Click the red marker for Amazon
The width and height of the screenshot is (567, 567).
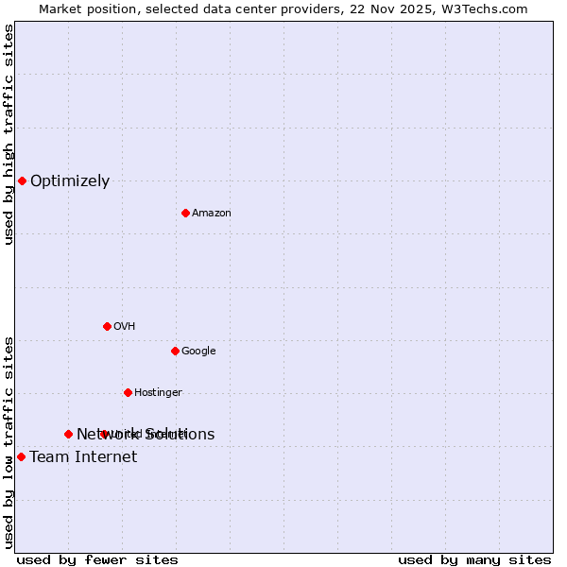pos(185,213)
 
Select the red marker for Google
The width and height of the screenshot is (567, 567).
pos(175,351)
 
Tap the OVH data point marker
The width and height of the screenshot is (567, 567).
pos(107,326)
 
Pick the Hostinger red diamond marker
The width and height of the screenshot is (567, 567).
pos(128,392)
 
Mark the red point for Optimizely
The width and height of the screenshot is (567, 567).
pos(22,180)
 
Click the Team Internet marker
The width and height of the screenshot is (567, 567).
pos(21,456)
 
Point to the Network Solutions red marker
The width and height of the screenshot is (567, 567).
pos(68,434)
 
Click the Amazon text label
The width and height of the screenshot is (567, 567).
pos(212,213)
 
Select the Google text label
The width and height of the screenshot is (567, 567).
pos(198,351)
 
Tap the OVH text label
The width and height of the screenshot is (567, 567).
pos(125,326)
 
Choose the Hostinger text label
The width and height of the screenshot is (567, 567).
pos(158,392)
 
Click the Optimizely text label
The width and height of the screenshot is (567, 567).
pos(70,181)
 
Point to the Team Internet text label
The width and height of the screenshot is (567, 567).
pos(83,457)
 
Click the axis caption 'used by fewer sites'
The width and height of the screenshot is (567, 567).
pos(97,560)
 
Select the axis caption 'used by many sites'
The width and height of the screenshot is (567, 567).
pos(474,560)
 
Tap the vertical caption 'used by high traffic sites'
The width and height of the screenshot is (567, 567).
pos(9,134)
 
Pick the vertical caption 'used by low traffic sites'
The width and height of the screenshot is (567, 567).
pos(9,442)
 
